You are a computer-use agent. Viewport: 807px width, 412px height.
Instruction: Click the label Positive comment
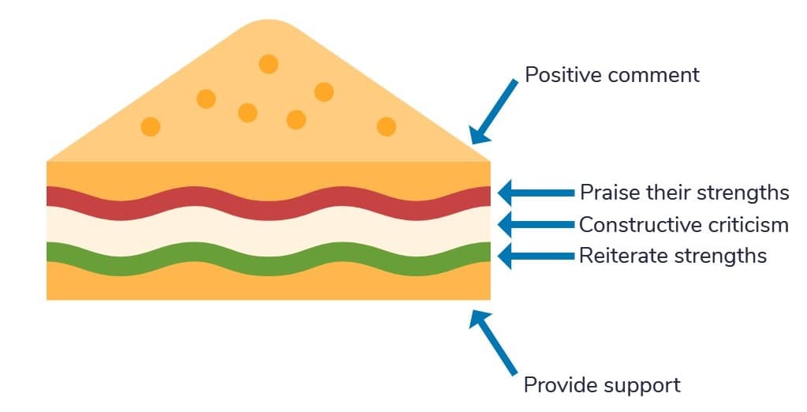click(612, 76)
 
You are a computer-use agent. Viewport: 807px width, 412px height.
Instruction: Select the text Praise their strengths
click(684, 193)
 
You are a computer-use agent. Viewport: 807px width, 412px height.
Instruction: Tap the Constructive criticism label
click(683, 225)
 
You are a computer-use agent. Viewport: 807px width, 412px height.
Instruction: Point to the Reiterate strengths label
click(672, 256)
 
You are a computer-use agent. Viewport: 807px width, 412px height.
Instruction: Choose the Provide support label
click(602, 386)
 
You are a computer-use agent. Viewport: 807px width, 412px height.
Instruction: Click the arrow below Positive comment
click(494, 110)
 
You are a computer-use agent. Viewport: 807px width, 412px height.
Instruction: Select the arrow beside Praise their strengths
click(536, 192)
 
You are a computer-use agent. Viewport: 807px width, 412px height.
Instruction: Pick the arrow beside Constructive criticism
click(536, 225)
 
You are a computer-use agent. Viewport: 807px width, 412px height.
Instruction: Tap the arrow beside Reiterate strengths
click(536, 256)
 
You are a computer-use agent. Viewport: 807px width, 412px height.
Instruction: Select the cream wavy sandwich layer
click(268, 230)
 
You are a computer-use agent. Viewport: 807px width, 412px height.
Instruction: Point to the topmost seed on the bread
click(268, 64)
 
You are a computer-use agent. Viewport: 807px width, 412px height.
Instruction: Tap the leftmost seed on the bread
click(150, 126)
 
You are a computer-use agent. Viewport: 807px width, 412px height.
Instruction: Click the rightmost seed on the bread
click(386, 126)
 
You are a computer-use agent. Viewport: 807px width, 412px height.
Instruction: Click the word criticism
click(742, 225)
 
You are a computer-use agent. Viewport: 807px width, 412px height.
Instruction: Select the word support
click(643, 386)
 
